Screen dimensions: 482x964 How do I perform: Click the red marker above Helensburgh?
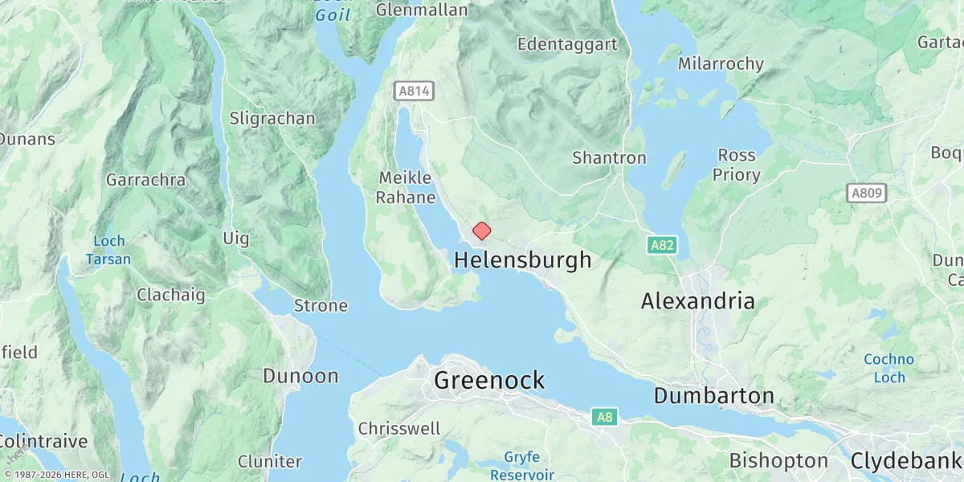[481, 231]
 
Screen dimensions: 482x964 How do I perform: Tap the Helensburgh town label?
[522, 260]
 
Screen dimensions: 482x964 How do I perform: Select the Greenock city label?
[489, 381]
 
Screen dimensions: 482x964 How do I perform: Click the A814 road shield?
[415, 91]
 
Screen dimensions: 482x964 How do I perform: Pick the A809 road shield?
[867, 193]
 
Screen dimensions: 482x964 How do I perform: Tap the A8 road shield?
[605, 417]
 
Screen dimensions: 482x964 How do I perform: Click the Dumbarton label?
[713, 396]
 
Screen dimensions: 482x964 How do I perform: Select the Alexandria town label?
[697, 302]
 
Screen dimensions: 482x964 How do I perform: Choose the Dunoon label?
[301, 376]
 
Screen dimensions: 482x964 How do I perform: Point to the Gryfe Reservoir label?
[521, 466]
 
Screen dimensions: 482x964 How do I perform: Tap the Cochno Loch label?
[888, 368]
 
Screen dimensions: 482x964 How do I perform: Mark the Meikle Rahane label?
[406, 187]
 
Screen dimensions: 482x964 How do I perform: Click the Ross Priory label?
[737, 165]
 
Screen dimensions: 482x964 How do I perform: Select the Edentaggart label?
[567, 44]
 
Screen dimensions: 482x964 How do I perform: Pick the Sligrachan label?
[272, 119]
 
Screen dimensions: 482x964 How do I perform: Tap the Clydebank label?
[905, 462]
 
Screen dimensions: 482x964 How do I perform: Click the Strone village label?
[321, 306]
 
